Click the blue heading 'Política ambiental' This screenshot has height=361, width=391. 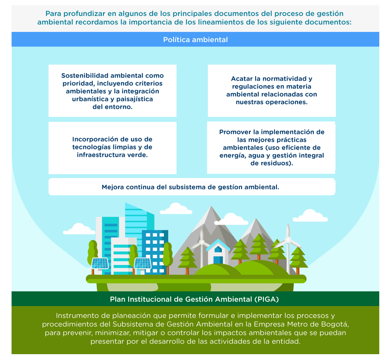tap(195, 40)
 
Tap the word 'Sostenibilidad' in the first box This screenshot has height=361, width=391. tap(85, 76)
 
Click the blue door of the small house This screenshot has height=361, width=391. tap(218, 260)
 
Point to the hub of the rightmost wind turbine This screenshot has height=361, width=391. tap(288, 240)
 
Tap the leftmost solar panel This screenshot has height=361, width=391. tap(100, 263)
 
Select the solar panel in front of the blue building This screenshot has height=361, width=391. tap(142, 263)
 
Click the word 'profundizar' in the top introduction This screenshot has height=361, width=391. tap(84, 14)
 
